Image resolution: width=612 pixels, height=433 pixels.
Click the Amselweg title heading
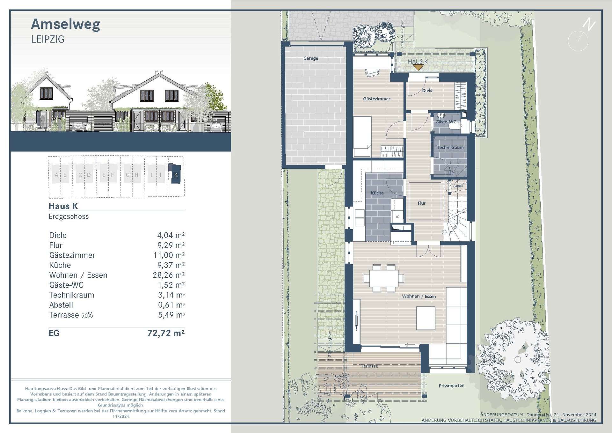[x=66, y=25]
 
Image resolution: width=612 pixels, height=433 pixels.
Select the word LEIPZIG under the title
[x=48, y=40]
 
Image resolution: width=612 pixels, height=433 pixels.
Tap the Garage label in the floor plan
[x=310, y=58]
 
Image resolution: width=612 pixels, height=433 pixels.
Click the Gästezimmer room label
[x=376, y=99]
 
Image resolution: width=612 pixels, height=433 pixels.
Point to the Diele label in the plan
[x=427, y=91]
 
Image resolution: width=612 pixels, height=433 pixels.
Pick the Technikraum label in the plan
[x=450, y=148]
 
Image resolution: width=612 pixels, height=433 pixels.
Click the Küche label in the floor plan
[x=377, y=193]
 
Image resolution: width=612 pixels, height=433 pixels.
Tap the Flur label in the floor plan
[x=421, y=203]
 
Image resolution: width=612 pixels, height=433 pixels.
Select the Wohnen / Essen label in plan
[x=419, y=296]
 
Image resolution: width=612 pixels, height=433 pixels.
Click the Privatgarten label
[x=451, y=386]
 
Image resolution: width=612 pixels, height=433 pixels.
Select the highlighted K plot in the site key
[x=176, y=175]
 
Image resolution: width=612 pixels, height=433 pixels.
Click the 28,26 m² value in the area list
[x=168, y=275]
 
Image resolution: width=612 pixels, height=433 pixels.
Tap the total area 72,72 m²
[x=166, y=333]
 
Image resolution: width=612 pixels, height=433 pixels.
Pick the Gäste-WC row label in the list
[x=66, y=285]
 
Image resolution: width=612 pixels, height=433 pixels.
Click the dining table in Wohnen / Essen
[x=384, y=278]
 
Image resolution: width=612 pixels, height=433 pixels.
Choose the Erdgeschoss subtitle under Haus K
[x=69, y=216]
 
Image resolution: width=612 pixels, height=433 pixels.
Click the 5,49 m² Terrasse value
[x=171, y=315]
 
